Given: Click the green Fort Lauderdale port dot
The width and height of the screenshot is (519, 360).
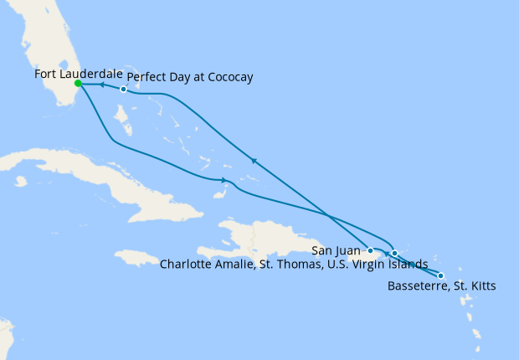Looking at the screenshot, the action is [78, 84].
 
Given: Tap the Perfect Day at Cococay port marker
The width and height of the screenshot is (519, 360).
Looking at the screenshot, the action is [123, 90].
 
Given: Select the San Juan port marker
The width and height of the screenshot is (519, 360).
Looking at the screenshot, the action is [370, 250].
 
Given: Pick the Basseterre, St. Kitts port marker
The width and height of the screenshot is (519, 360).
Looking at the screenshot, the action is [441, 276].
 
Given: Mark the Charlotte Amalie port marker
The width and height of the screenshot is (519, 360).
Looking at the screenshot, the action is [394, 252].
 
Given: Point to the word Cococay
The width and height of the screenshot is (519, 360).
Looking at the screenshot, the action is [227, 78].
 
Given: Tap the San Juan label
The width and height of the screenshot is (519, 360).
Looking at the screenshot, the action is [336, 250].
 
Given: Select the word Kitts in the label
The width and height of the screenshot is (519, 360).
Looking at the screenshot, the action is [481, 287].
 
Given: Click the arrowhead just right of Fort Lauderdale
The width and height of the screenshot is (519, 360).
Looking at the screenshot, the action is [100, 85].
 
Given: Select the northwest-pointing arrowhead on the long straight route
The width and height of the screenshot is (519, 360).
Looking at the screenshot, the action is [252, 160].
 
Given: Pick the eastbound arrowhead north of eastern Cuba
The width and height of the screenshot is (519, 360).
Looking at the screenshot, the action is [224, 181].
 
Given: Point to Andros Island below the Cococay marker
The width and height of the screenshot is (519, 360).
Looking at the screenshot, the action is [121, 126].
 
